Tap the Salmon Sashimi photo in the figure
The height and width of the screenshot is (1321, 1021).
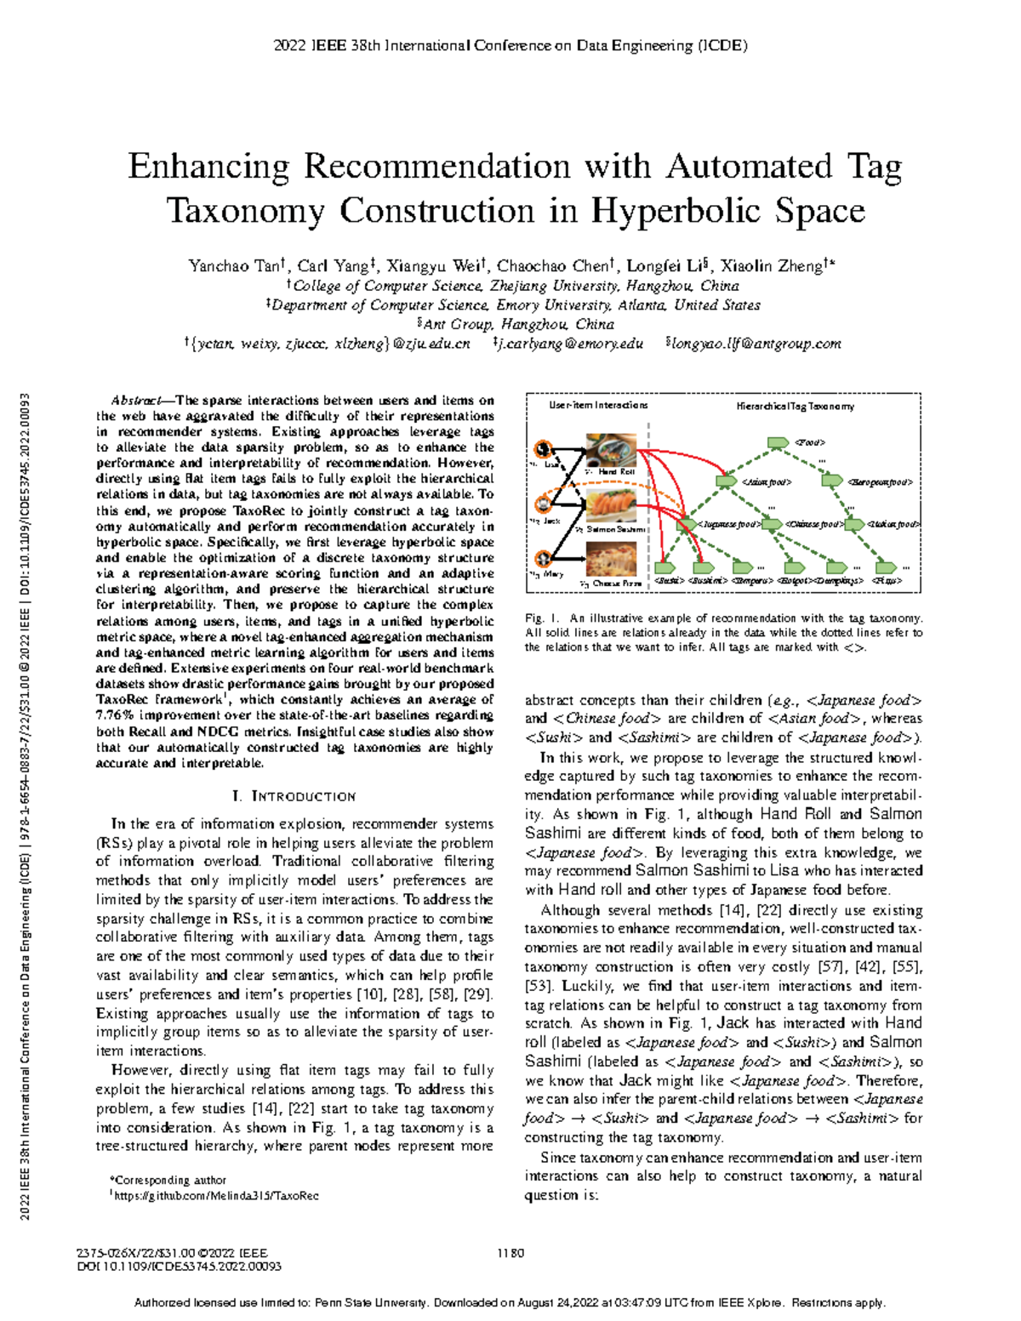611,507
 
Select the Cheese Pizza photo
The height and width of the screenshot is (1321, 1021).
611,562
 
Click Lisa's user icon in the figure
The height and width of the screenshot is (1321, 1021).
543,451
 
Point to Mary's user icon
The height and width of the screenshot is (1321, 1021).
543,560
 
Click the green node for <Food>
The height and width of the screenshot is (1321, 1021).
777,442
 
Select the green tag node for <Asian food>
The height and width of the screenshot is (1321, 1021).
726,481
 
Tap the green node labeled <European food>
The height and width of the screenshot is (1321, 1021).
831,481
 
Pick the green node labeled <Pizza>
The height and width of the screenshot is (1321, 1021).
885,567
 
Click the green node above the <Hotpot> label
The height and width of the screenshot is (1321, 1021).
793,567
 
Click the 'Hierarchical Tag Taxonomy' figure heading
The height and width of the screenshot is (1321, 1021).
795,407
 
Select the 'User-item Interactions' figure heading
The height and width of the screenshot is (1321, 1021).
598,406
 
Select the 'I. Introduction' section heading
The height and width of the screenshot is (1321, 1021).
294,796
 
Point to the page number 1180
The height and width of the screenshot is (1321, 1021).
510,1253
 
